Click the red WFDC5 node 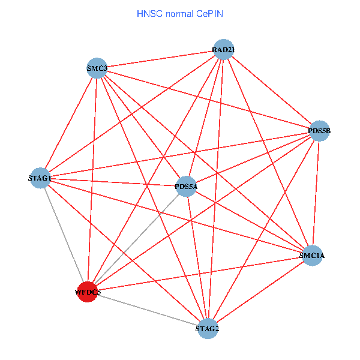click(88, 292)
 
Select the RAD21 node click(223, 49)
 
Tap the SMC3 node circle click(97, 68)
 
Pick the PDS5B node click(319, 131)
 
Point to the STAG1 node click(40, 178)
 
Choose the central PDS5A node click(186, 186)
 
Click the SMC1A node click(312, 256)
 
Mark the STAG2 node click(208, 329)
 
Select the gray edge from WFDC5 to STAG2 click(148, 311)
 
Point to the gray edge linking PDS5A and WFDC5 click(137, 239)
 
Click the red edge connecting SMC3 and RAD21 click(160, 59)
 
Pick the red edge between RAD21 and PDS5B click(271, 90)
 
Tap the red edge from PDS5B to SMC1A click(316, 193)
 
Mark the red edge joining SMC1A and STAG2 click(260, 292)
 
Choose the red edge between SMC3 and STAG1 click(68, 123)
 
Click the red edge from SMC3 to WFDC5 click(92, 180)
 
